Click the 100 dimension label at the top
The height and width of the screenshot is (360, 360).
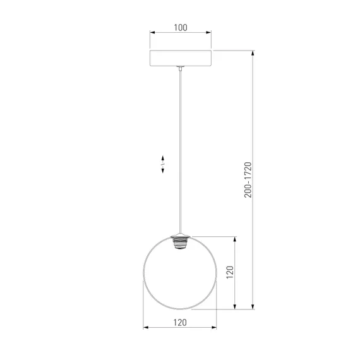click(x=181, y=28)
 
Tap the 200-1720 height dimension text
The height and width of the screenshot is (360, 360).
click(x=248, y=180)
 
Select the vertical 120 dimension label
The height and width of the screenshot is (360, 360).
click(x=230, y=272)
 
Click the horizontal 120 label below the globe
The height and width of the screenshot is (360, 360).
click(x=180, y=323)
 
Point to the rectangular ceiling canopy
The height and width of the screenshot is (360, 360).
click(x=181, y=58)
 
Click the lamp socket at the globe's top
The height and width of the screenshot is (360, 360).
click(x=181, y=242)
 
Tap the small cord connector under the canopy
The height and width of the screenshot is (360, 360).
click(x=181, y=68)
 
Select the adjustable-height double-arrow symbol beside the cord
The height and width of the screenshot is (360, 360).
click(x=163, y=164)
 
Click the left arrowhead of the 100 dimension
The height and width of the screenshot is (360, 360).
click(x=153, y=32)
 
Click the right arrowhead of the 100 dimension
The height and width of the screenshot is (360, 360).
click(x=208, y=32)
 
